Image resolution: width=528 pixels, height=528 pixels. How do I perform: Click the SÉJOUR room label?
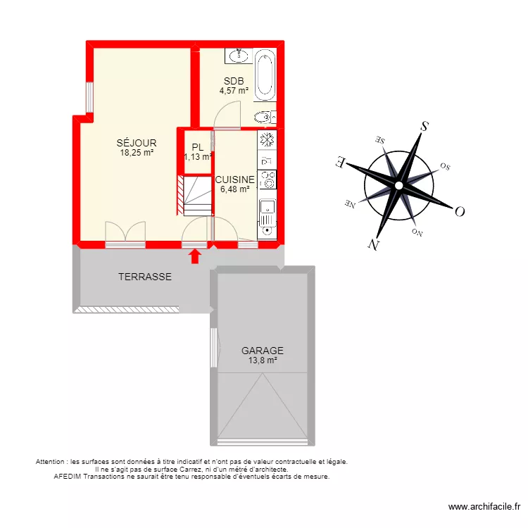(137, 143)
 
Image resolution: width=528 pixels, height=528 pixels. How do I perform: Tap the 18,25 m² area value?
(137, 152)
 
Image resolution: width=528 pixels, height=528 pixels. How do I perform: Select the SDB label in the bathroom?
(234, 80)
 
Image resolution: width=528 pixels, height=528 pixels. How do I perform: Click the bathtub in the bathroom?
(265, 75)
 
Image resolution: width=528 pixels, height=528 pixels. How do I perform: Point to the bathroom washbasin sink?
(236, 54)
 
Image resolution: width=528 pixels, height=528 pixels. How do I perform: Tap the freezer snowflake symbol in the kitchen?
(267, 139)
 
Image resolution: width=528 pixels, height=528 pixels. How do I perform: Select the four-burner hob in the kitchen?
(268, 180)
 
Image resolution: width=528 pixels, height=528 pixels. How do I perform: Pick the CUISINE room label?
(235, 180)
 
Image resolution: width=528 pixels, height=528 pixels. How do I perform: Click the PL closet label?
(198, 147)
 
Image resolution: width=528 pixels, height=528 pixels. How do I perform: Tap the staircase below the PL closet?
(194, 195)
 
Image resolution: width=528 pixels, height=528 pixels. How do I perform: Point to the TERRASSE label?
(144, 277)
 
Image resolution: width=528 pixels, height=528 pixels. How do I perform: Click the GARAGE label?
(263, 350)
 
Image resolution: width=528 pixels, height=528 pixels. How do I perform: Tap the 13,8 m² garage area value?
(263, 360)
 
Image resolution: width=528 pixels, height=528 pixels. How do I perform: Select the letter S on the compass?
(425, 127)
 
